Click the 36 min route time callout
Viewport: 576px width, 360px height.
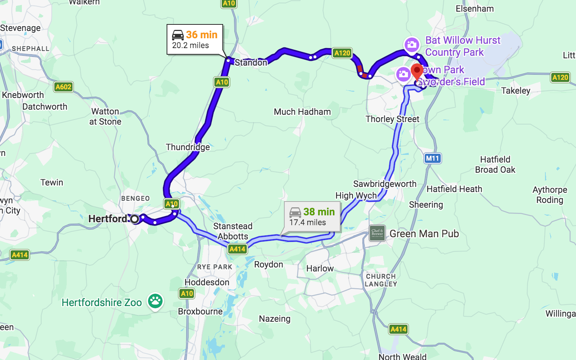(x=195, y=39)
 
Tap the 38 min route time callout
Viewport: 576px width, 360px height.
(x=312, y=217)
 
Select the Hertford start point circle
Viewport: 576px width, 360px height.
(x=135, y=219)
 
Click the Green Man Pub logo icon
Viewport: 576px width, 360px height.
(x=377, y=233)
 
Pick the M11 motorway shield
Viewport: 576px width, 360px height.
(x=433, y=158)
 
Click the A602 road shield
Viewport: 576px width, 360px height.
(x=63, y=87)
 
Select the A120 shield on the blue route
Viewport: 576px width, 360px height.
(x=342, y=53)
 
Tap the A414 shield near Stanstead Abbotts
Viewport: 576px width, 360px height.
(x=237, y=249)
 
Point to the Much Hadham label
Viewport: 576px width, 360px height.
(x=302, y=112)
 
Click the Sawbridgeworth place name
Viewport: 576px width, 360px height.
(x=385, y=184)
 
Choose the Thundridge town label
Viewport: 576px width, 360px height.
(x=188, y=147)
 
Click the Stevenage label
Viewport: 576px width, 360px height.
(x=20, y=28)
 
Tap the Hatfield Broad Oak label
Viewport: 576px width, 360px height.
(x=495, y=164)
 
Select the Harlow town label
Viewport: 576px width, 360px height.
(x=320, y=269)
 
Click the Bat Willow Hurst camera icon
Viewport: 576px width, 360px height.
(x=412, y=45)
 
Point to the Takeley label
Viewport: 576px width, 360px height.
(x=515, y=91)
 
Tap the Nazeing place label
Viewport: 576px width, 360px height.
(x=275, y=319)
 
